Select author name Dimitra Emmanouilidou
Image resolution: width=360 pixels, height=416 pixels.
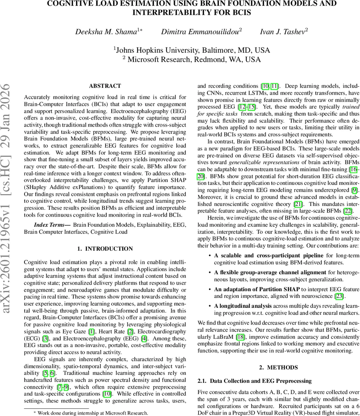pyautogui.click(x=201, y=32)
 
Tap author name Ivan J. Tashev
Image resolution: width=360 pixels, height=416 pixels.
pyautogui.click(x=283, y=32)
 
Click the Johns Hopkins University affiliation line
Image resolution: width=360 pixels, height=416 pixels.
pyautogui.click(x=192, y=50)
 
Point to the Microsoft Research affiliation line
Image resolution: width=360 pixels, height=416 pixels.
pyautogui.click(x=192, y=60)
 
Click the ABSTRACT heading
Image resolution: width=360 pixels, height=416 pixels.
pyautogui.click(x=105, y=86)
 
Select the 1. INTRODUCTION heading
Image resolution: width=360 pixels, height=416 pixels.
pyautogui.click(x=105, y=249)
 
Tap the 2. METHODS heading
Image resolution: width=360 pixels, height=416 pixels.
pyautogui.click(x=278, y=367)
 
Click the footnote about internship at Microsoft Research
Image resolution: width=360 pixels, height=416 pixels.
pyautogui.click(x=90, y=413)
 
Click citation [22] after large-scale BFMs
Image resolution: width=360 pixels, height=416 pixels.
pyautogui.click(x=347, y=211)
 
